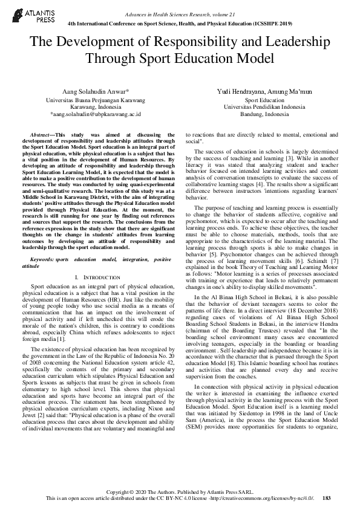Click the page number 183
(x=327, y=498)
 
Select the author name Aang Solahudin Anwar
(x=97, y=91)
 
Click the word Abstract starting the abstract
(x=42, y=134)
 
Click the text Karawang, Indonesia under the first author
(x=97, y=106)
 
